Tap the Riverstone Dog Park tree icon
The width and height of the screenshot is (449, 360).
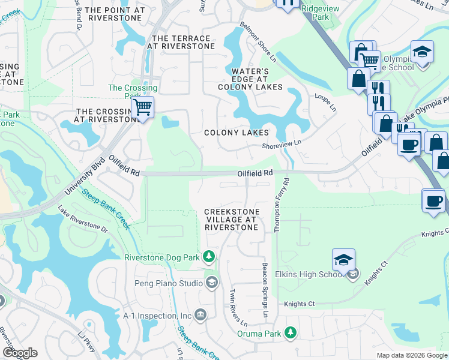pos(209,257)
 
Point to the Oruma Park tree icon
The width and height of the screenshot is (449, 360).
pos(291,332)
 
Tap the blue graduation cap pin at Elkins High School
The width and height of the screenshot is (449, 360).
pos(343,260)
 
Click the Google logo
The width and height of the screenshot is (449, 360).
pos(20,353)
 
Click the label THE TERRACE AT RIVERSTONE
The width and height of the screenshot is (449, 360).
pos(180,42)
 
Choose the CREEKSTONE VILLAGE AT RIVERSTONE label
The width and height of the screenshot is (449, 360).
pos(232,220)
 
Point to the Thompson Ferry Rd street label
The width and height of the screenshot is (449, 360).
pos(281,203)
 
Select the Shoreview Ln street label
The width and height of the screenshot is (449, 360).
pos(281,144)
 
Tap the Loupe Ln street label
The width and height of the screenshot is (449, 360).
pos(325,103)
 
